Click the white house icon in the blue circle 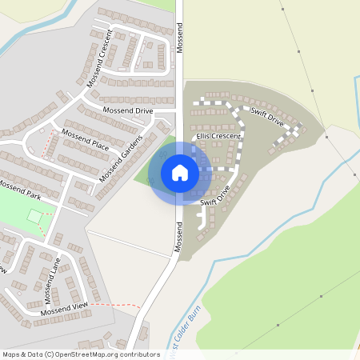(x=180, y=173)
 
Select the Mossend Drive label (x=127, y=110)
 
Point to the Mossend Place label (x=85, y=140)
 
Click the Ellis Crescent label (x=224, y=137)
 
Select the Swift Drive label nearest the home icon (x=215, y=197)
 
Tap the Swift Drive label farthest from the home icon (x=266, y=117)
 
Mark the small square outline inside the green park (x=34, y=216)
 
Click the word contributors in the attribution (x=137, y=354)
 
